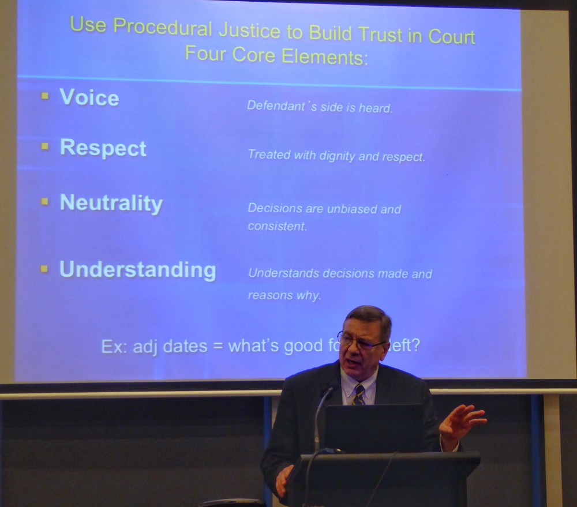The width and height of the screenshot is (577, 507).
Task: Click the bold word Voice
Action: [x=89, y=97]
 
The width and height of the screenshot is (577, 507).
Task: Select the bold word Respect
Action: [x=103, y=148]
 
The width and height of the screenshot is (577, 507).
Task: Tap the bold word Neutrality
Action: [x=111, y=203]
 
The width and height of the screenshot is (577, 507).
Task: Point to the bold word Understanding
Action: [x=138, y=270]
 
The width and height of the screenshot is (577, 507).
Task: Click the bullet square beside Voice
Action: [x=45, y=96]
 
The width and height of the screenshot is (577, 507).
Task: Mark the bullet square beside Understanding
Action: [x=45, y=269]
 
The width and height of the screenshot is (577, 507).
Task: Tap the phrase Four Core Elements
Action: [x=275, y=56]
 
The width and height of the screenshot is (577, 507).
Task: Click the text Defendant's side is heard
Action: [x=320, y=107]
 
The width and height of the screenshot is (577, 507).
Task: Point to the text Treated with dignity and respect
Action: [x=336, y=156]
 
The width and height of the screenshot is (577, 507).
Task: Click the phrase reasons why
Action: [x=284, y=295]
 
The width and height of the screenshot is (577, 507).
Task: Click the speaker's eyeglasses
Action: [x=359, y=342]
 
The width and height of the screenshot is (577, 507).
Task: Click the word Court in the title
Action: [x=452, y=36]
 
